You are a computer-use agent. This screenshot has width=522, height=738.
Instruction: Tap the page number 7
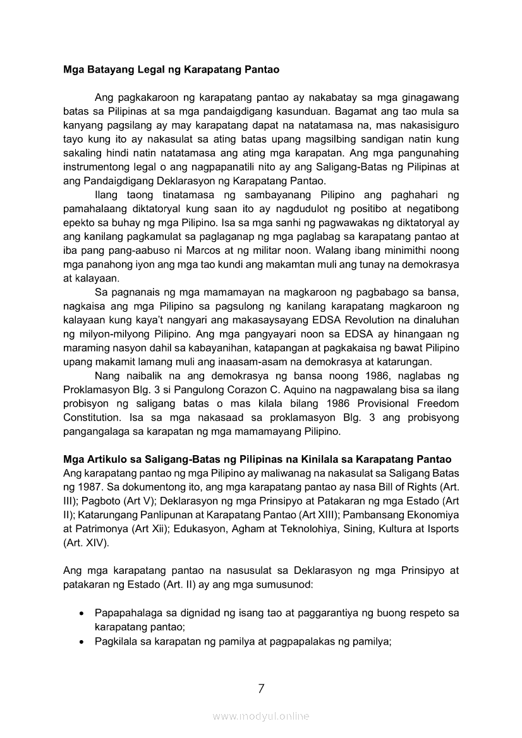tap(261, 689)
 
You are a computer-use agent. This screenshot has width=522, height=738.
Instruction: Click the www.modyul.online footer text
tap(261, 716)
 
